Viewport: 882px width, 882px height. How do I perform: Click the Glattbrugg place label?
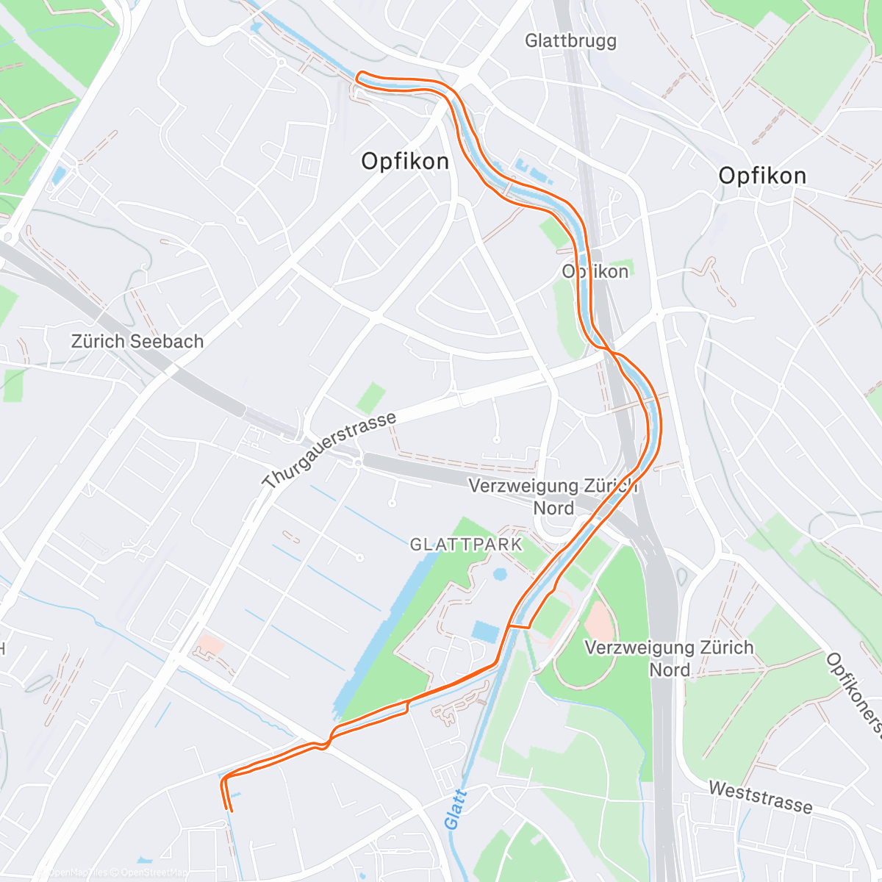click(x=570, y=41)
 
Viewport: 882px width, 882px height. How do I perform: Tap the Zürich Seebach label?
click(x=137, y=341)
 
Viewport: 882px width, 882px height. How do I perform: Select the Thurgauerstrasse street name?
click(x=330, y=450)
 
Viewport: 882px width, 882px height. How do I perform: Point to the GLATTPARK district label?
click(x=466, y=545)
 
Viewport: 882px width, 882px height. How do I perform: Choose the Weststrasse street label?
click(x=760, y=797)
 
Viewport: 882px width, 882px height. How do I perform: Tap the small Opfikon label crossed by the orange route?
click(x=595, y=271)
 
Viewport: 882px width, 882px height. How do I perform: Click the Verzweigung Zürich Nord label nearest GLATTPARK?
click(x=553, y=497)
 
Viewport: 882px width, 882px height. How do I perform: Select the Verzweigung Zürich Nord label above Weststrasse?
click(x=669, y=659)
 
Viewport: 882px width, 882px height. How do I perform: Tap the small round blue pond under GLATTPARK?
click(x=501, y=573)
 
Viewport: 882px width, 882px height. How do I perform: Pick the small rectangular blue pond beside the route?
click(x=484, y=631)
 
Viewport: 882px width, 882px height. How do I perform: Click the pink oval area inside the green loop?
click(x=600, y=622)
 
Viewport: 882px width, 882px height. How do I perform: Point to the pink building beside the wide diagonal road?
click(x=211, y=645)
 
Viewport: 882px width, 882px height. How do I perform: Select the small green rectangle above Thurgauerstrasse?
click(x=371, y=398)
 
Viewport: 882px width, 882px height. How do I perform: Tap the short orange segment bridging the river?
click(x=519, y=627)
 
